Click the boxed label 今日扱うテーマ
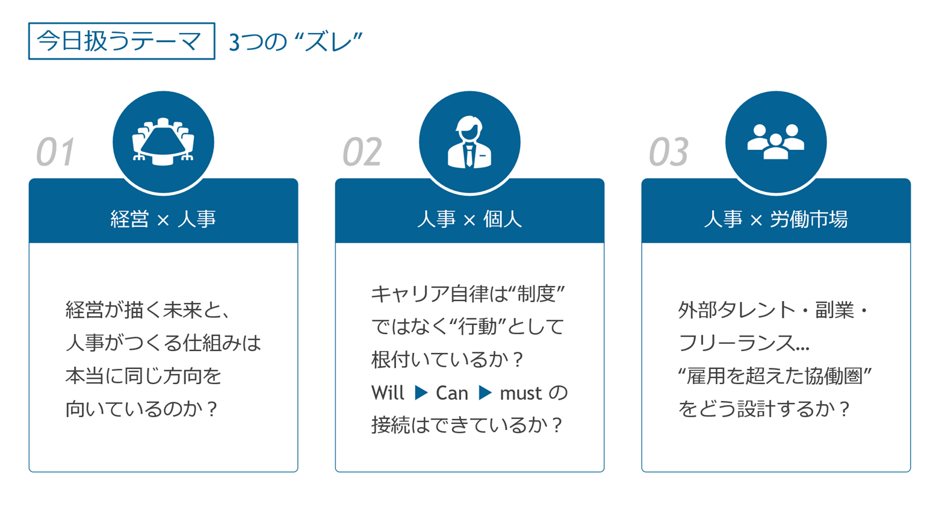tap(121, 41)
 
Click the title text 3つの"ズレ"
tap(296, 42)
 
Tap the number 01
tap(55, 152)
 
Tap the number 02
tap(362, 152)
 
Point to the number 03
tap(668, 152)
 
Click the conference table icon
tap(163, 142)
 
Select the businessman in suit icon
tap(469, 142)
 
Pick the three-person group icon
tap(775, 142)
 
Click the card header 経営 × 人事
tap(163, 219)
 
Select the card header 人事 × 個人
tap(469, 219)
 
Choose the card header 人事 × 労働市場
tap(775, 219)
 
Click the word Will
tap(388, 393)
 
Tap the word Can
tap(451, 393)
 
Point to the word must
tap(521, 394)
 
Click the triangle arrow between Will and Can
tap(421, 393)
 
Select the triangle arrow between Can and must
tap(485, 393)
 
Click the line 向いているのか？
tap(141, 409)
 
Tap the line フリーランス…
tap(743, 343)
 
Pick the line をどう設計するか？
tap(764, 409)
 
